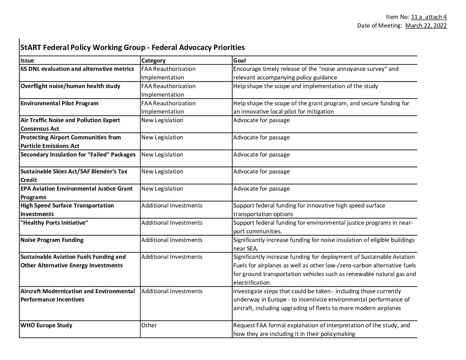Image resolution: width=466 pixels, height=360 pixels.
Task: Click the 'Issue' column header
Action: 27,61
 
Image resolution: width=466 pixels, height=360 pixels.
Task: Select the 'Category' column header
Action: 153,61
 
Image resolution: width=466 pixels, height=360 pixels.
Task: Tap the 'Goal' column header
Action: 239,61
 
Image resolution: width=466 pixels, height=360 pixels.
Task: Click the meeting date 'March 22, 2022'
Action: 426,25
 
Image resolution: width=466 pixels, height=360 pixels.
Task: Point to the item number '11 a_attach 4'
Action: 429,17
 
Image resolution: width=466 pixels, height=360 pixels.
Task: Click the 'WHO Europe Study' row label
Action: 46,325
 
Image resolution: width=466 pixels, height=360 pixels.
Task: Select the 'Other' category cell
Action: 149,325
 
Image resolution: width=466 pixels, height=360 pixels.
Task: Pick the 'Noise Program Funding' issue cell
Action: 52,240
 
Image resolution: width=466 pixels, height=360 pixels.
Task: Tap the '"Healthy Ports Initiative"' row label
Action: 54,223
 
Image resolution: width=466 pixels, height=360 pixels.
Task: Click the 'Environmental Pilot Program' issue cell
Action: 60,103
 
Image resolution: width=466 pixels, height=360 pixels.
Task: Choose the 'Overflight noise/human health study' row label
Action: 70,86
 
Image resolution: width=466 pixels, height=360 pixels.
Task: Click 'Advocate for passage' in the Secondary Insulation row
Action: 261,155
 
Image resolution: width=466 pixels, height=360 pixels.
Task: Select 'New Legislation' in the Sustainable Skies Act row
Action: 162,171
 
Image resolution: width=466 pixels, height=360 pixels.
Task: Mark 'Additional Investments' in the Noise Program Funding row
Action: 172,240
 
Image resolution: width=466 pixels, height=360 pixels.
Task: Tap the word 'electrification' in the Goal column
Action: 252,283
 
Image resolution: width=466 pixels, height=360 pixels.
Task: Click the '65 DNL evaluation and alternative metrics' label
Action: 77,69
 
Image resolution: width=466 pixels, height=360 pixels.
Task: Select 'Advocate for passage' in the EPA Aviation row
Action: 261,189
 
